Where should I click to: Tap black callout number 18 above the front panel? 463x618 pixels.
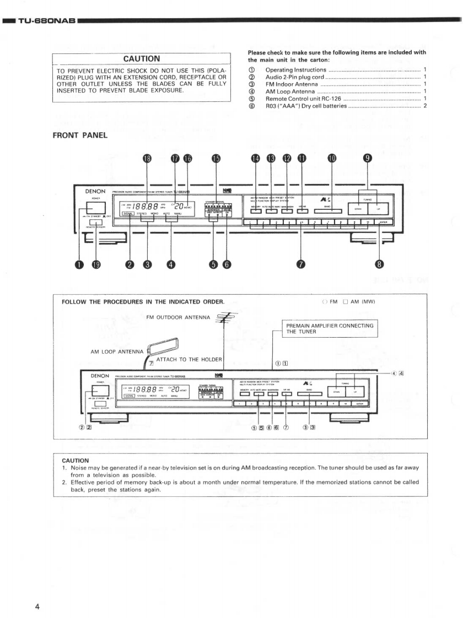pos(147,159)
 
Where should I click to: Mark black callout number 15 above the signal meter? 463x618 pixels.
pos(217,159)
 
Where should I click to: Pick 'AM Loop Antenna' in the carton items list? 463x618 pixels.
pos(292,91)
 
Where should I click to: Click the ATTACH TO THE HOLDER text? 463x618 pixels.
pos(189,360)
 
